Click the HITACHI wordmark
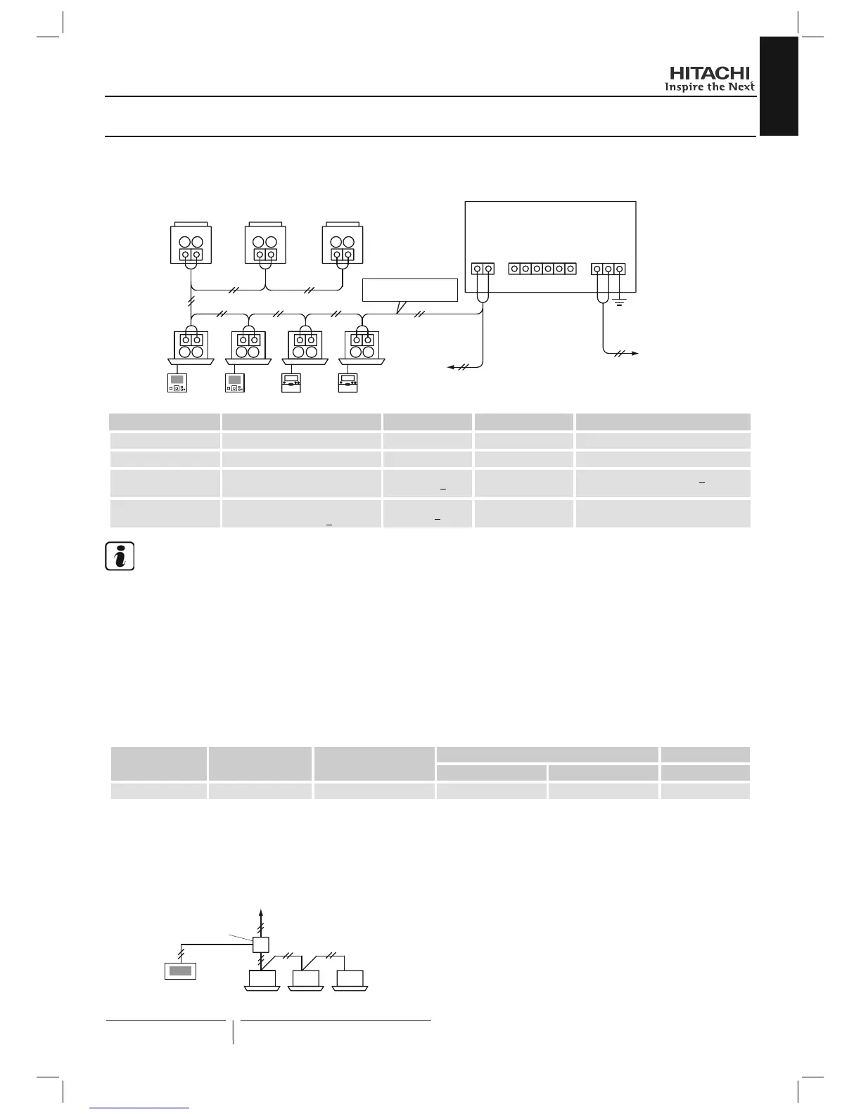709,73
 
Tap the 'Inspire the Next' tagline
709,87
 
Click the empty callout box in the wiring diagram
409,290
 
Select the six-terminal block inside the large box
542,269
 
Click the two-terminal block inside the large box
483,269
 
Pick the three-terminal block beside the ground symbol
608,269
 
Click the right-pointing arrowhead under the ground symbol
634,353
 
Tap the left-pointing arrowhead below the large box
452,366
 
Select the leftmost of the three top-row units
191,244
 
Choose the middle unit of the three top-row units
265,244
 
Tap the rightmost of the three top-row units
342,244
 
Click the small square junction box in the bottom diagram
261,945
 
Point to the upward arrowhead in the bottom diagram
261,912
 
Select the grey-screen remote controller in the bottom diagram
180,971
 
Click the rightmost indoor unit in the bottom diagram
350,979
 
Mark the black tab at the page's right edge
779,86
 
